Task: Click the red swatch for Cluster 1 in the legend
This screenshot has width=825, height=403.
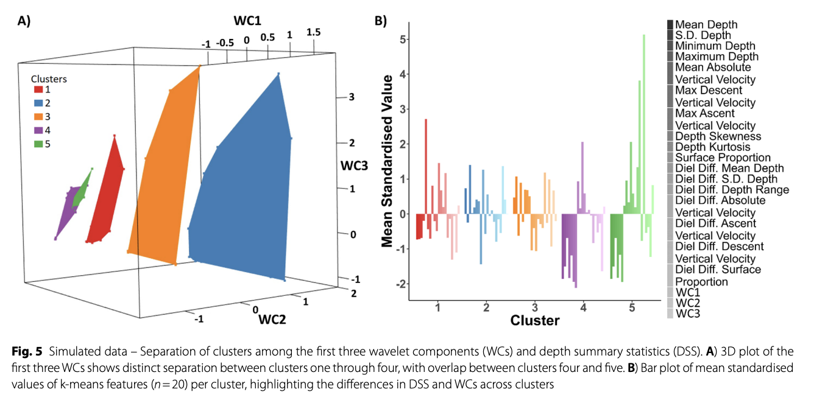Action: click(38, 90)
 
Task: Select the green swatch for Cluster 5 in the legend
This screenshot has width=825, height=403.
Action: click(38, 144)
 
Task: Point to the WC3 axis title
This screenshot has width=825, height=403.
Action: click(354, 166)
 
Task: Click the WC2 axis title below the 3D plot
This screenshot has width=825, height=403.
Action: click(274, 318)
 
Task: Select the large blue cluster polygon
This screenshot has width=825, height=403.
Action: click(244, 195)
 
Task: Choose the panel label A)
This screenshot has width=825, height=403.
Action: click(24, 21)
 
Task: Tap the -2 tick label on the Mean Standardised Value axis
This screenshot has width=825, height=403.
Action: click(398, 284)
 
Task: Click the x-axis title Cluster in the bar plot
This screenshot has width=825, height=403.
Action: click(534, 320)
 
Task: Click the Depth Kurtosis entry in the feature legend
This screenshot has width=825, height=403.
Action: click(712, 147)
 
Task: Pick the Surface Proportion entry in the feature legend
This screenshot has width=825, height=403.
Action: click(723, 158)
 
